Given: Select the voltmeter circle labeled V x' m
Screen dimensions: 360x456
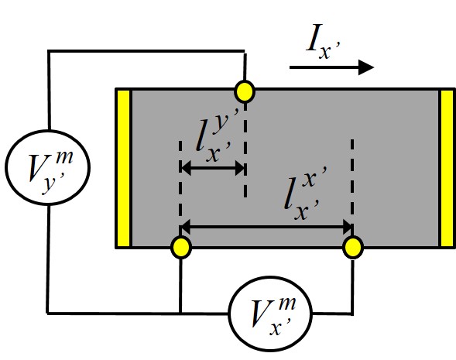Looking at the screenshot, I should click(x=270, y=314).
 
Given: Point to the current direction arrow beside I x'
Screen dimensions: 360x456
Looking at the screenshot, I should click(x=331, y=68).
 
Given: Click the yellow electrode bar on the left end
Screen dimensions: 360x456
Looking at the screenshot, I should click(x=123, y=168).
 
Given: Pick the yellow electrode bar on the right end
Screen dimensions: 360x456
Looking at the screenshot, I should click(x=447, y=168).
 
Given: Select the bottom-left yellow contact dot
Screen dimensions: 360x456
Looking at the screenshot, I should click(x=180, y=247).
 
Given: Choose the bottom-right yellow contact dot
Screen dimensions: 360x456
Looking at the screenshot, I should click(x=352, y=247).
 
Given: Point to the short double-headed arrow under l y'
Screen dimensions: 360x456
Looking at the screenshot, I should click(x=212, y=166).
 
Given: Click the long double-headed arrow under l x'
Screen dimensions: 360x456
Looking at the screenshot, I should click(x=266, y=227).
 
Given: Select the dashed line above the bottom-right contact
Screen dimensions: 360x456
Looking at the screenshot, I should click(x=352, y=186).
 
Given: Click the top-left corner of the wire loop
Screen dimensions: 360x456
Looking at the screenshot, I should click(x=48, y=51).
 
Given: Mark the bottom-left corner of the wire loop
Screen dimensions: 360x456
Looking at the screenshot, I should click(x=48, y=314).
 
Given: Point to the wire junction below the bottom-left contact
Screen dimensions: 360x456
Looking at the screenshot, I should click(x=180, y=314).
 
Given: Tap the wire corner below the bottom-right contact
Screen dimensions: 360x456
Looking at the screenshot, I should click(x=352, y=314).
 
